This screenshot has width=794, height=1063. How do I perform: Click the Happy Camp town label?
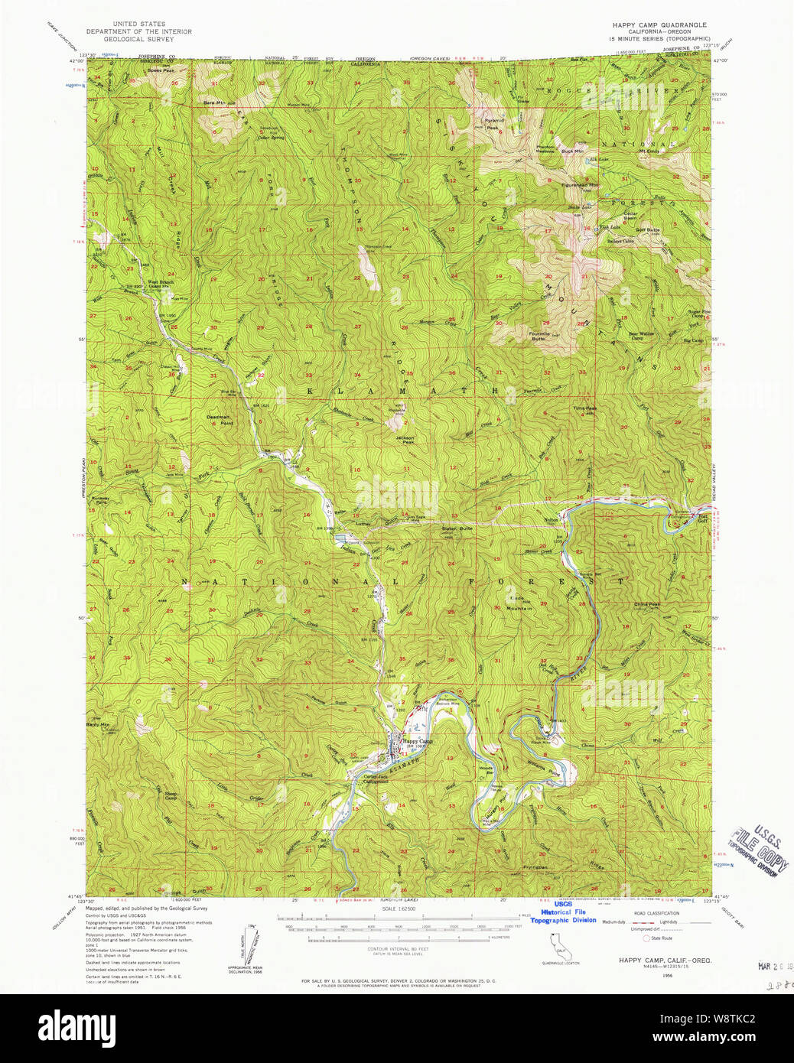417,741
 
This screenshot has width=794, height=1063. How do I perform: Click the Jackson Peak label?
405,440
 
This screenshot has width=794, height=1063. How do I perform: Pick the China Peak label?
646,604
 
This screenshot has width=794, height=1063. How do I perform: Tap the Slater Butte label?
457,528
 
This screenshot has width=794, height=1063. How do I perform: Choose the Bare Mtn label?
213,102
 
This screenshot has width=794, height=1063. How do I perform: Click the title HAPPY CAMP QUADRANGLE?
659,24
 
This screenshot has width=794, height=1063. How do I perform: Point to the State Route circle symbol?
646,938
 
